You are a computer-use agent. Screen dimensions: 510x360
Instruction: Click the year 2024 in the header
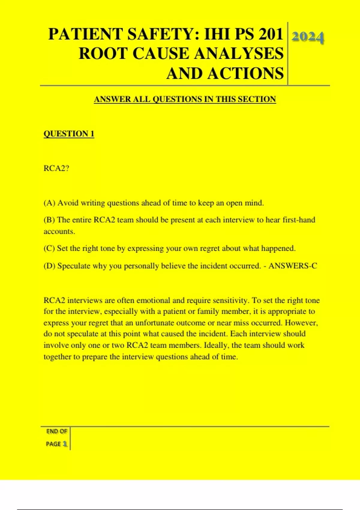[307, 37]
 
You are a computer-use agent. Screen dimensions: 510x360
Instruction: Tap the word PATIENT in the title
[86, 34]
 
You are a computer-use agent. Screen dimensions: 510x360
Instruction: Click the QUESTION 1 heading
[69, 134]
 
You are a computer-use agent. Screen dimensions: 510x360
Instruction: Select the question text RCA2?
[56, 168]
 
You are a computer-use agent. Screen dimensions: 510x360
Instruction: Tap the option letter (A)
[49, 203]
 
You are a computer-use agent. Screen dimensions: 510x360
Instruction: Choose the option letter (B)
[49, 220]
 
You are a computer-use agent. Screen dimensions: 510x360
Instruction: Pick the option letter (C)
[49, 248]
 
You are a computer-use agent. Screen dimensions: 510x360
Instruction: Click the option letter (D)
[49, 266]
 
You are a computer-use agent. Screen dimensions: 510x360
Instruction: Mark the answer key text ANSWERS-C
[293, 266]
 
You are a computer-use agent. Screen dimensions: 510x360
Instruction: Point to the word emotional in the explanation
[152, 301]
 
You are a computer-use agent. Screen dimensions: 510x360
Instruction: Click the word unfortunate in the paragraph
[154, 323]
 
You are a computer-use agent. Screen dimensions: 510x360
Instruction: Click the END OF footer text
[56, 431]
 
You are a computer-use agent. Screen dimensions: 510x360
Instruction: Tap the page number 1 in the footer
[65, 444]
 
